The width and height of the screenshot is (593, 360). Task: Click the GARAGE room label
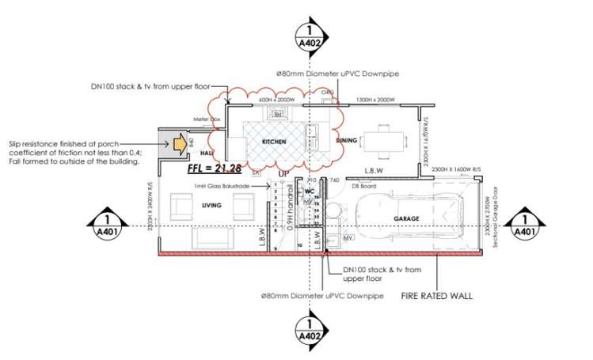(x=408, y=218)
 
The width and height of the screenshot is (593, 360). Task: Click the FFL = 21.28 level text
(x=214, y=168)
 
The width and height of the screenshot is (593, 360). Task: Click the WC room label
(x=310, y=191)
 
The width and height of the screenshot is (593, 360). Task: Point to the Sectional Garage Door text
(x=496, y=225)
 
